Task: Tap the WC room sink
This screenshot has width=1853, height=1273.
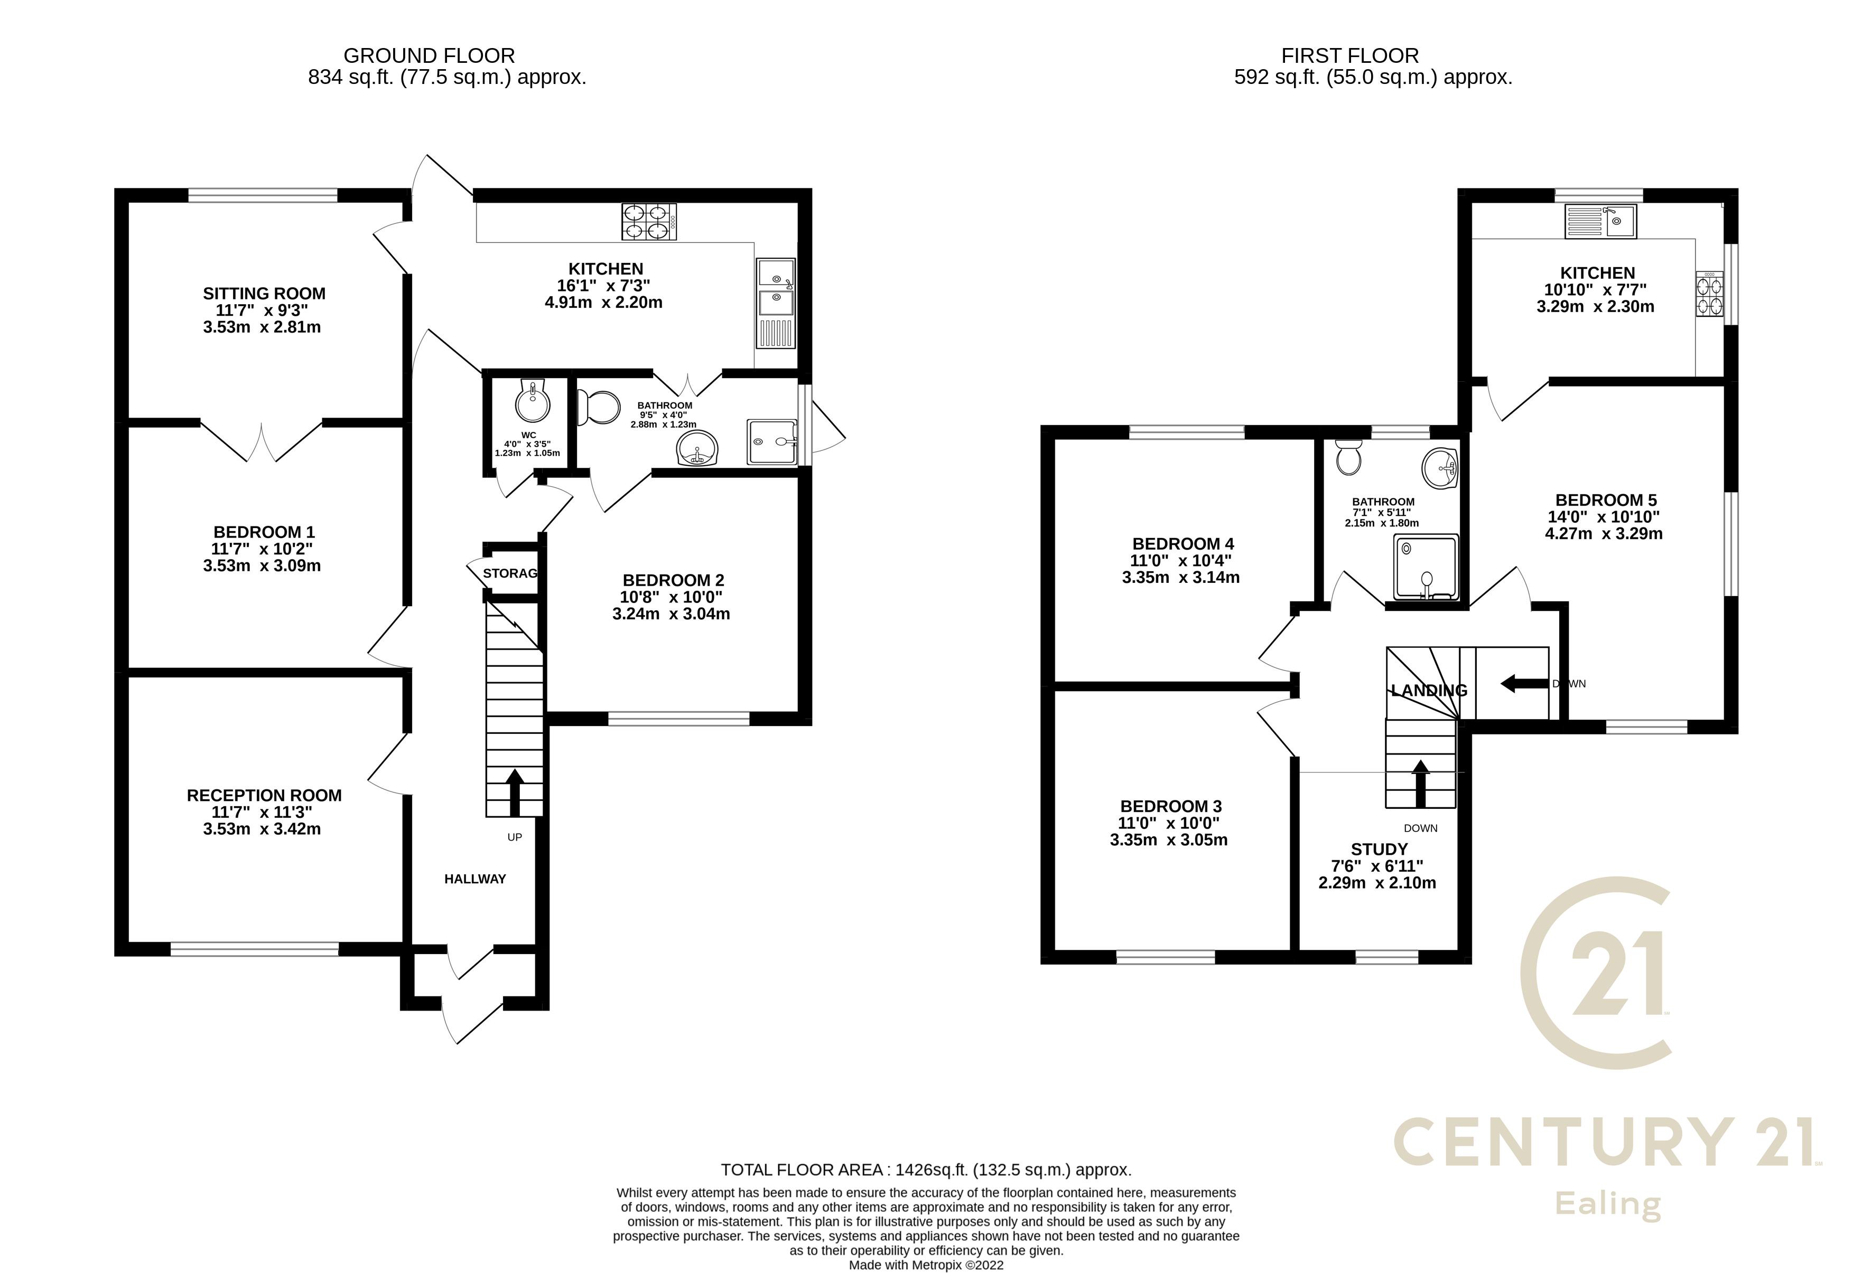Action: click(x=532, y=402)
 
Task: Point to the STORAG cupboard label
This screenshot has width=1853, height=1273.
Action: click(x=510, y=573)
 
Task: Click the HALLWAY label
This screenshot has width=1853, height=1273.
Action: click(x=475, y=879)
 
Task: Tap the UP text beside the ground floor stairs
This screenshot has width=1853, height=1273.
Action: click(x=515, y=837)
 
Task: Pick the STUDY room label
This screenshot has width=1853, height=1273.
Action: click(x=1379, y=850)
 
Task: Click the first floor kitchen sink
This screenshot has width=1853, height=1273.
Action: click(x=1600, y=221)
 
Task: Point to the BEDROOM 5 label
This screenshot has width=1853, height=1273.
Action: click(x=1606, y=500)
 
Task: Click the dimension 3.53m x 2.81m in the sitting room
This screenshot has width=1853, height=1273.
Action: click(x=262, y=327)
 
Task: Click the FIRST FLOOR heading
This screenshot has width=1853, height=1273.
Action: click(x=1349, y=56)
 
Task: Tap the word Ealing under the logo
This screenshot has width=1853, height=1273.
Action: click(x=1607, y=1204)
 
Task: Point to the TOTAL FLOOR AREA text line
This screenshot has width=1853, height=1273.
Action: click(x=926, y=1170)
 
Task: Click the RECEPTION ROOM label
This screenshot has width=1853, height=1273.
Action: click(x=264, y=795)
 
